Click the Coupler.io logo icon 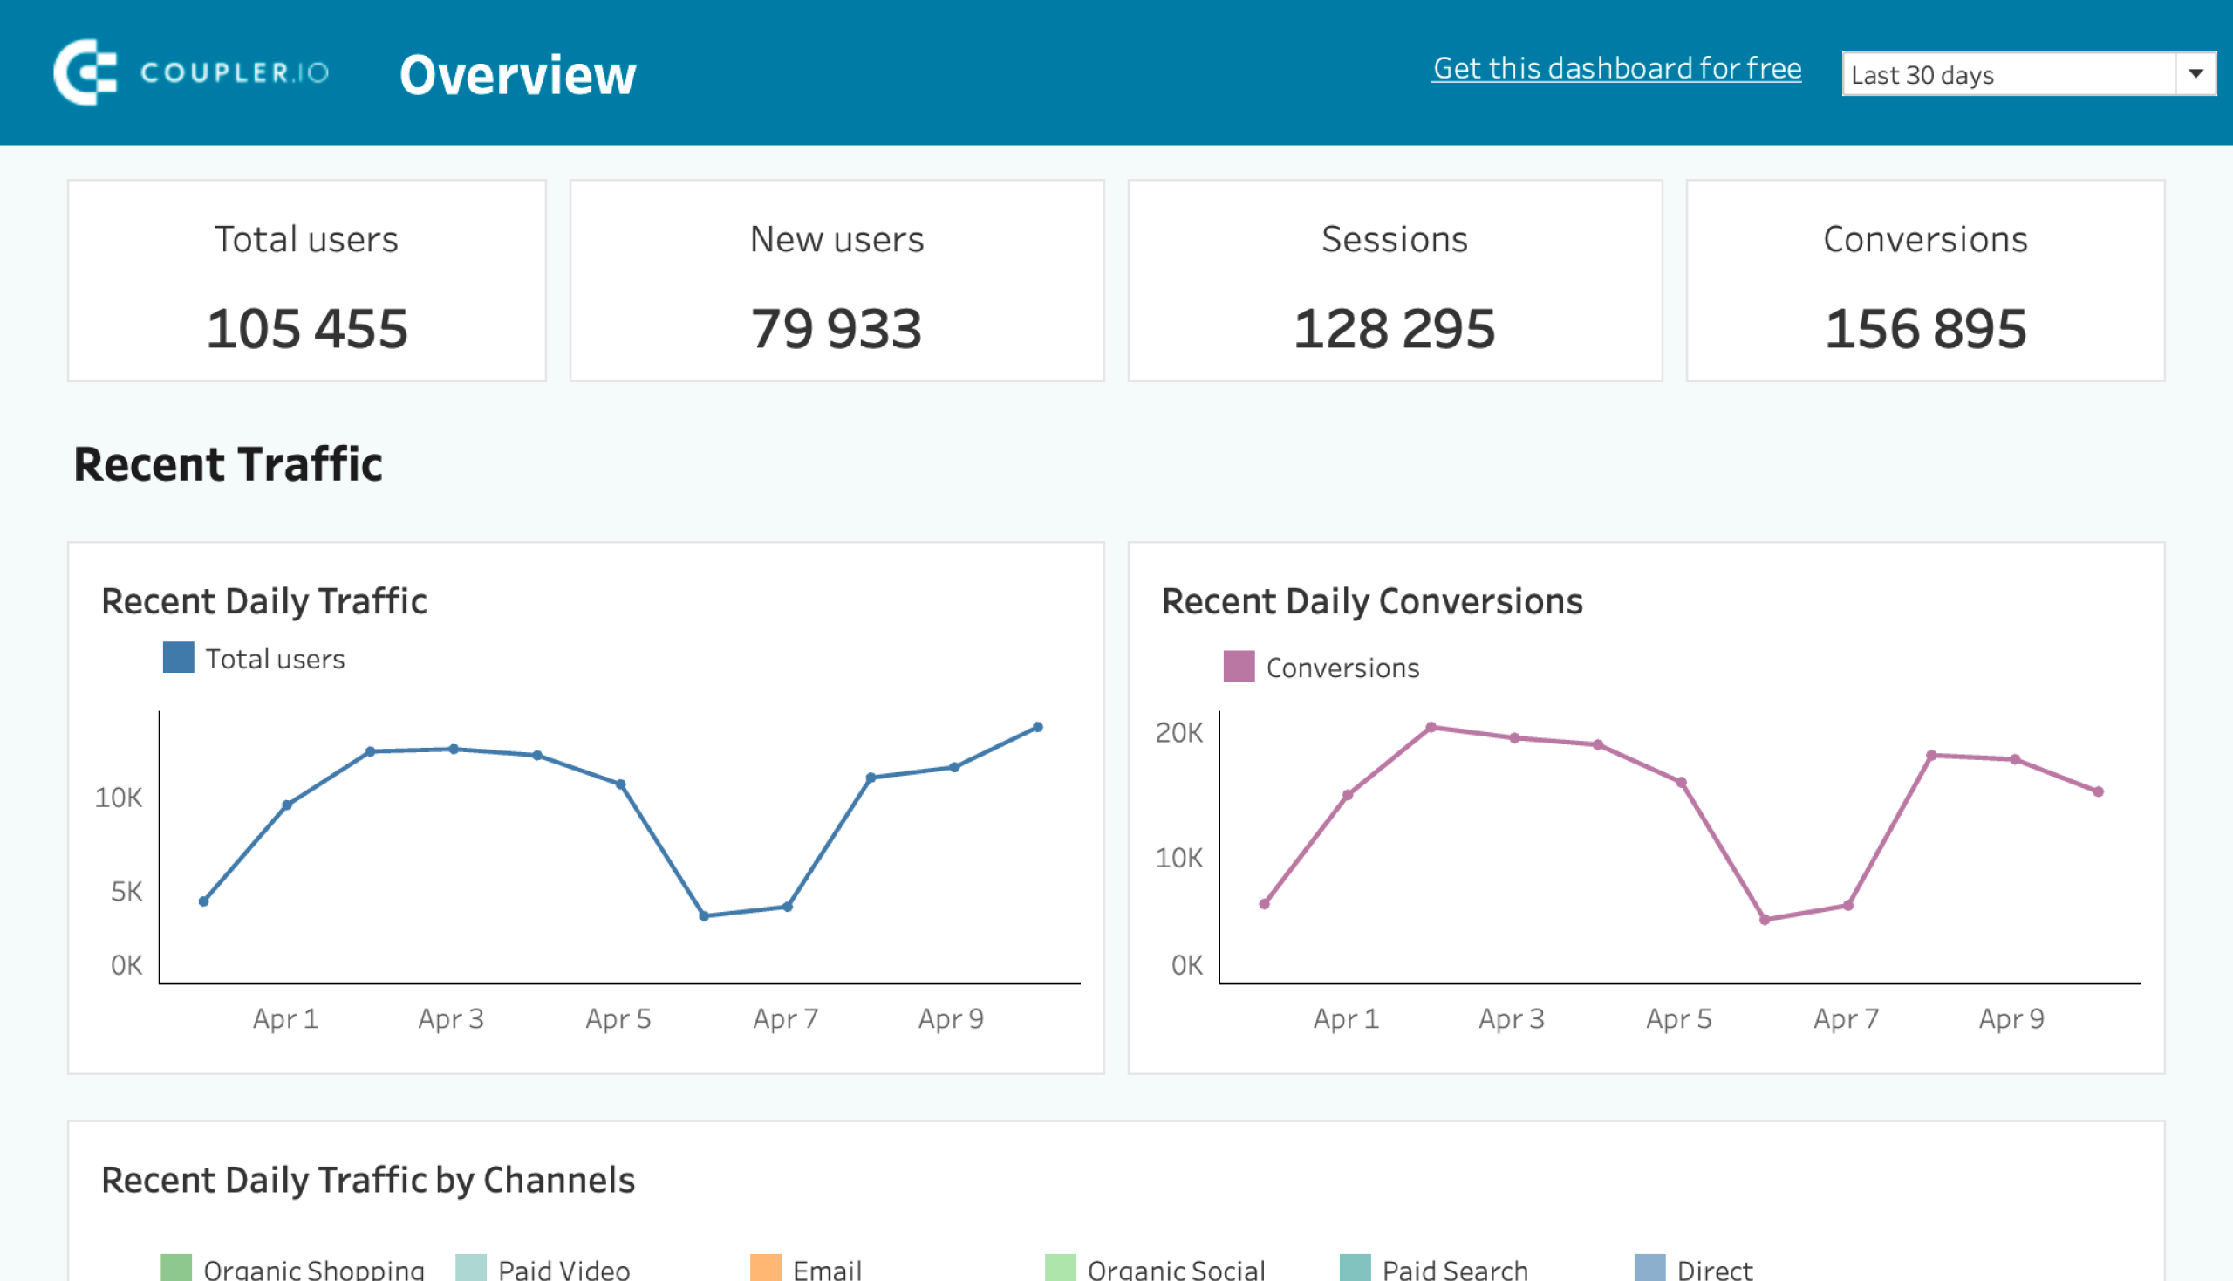tap(85, 72)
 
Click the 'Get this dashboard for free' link tap(1616, 69)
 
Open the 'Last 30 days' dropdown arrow tap(2195, 74)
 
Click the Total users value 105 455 tap(307, 329)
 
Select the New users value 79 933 tap(837, 329)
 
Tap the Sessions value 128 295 tap(1394, 329)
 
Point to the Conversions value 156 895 tap(1925, 329)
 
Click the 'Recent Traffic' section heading tap(228, 464)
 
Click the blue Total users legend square tap(179, 657)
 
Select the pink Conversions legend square tap(1239, 666)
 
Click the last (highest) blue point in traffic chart tap(1038, 728)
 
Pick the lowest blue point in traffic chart tap(704, 916)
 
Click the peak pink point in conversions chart tap(1431, 728)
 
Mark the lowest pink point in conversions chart tap(1765, 921)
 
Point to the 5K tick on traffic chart tap(126, 891)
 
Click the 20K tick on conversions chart tap(1178, 733)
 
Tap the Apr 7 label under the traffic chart tap(785, 1019)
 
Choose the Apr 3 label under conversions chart tap(1511, 1019)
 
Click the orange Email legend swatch tap(765, 1268)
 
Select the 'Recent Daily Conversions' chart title tap(1371, 602)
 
